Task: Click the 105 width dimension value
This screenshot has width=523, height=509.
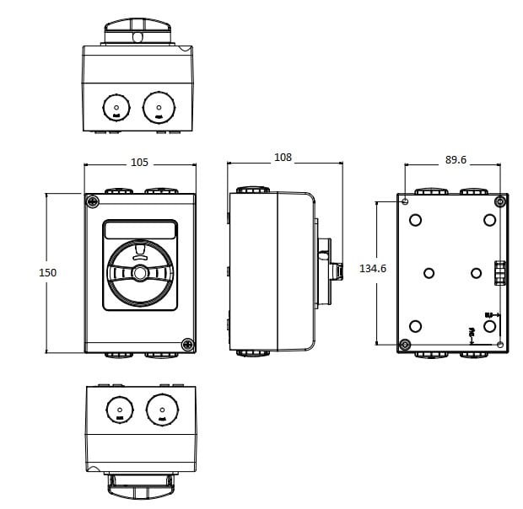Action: [x=140, y=162]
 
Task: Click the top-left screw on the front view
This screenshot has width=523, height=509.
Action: [x=91, y=201]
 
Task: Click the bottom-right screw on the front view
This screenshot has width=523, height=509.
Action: [x=188, y=344]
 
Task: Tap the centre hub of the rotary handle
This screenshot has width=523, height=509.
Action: [x=140, y=273]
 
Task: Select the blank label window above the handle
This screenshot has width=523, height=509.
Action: [x=140, y=230]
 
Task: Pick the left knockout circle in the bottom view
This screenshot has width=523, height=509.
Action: [x=119, y=410]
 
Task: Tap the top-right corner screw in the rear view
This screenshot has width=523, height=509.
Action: [x=499, y=201]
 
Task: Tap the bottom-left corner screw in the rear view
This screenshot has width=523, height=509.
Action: [x=405, y=345]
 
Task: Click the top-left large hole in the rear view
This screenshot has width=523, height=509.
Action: [x=416, y=220]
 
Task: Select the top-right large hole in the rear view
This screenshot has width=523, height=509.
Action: [x=489, y=220]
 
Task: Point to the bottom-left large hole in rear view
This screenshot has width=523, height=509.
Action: [x=416, y=326]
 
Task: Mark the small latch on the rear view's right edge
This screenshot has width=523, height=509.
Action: [x=499, y=273]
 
